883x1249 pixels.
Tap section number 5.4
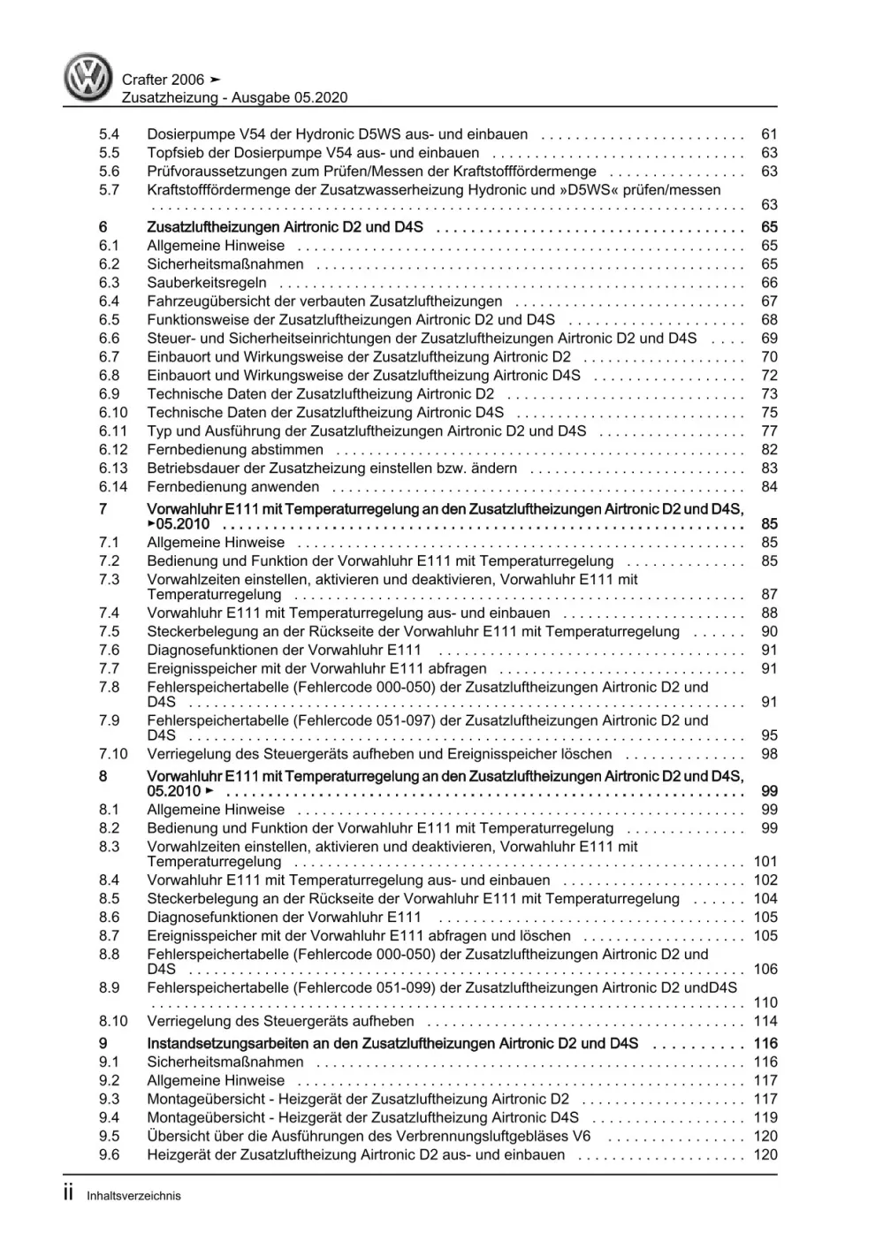[109, 134]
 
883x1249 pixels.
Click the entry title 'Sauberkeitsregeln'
[207, 283]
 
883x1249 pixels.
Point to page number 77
[768, 431]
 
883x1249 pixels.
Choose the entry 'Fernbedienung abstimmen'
[222, 450]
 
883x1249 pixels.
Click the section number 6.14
[113, 487]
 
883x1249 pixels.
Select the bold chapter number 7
[103, 509]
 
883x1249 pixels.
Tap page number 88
[768, 613]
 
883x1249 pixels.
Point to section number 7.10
[113, 754]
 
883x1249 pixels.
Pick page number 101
[765, 861]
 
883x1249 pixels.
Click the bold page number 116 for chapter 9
[765, 1043]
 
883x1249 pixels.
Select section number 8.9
[109, 987]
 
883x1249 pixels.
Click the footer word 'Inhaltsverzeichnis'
[133, 1196]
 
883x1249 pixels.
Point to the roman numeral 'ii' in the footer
[69, 1193]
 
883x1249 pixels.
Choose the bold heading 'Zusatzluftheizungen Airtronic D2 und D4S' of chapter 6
[285, 227]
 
